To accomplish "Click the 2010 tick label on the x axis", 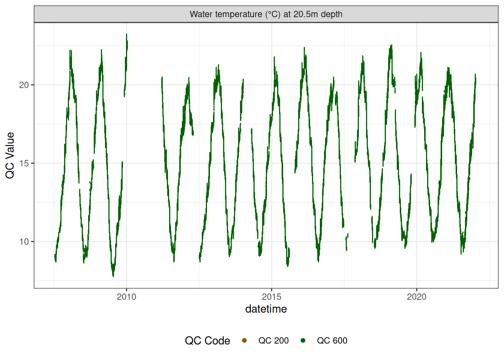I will coord(126,297).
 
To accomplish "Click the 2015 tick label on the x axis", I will coord(271,297).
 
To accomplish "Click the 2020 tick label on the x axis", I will coord(417,297).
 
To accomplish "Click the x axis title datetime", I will coord(266,309).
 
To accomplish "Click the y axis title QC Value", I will coord(10,155).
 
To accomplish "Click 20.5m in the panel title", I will coord(305,14).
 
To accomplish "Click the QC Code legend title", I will coord(207,340).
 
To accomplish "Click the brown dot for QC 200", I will coord(244,340).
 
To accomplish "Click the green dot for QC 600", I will coord(303,340).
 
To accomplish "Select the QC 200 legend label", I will coord(273,340).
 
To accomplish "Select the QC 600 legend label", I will coord(332,340).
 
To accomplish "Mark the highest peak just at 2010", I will coord(126,34).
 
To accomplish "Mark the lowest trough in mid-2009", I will coord(113,276).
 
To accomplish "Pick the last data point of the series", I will coord(475,74).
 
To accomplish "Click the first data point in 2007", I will coord(55,255).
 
